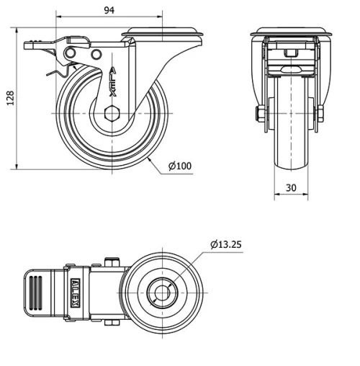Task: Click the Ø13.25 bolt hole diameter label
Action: click(x=226, y=244)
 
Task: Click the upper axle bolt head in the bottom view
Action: click(x=112, y=261)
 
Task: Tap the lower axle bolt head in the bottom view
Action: click(x=112, y=322)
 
